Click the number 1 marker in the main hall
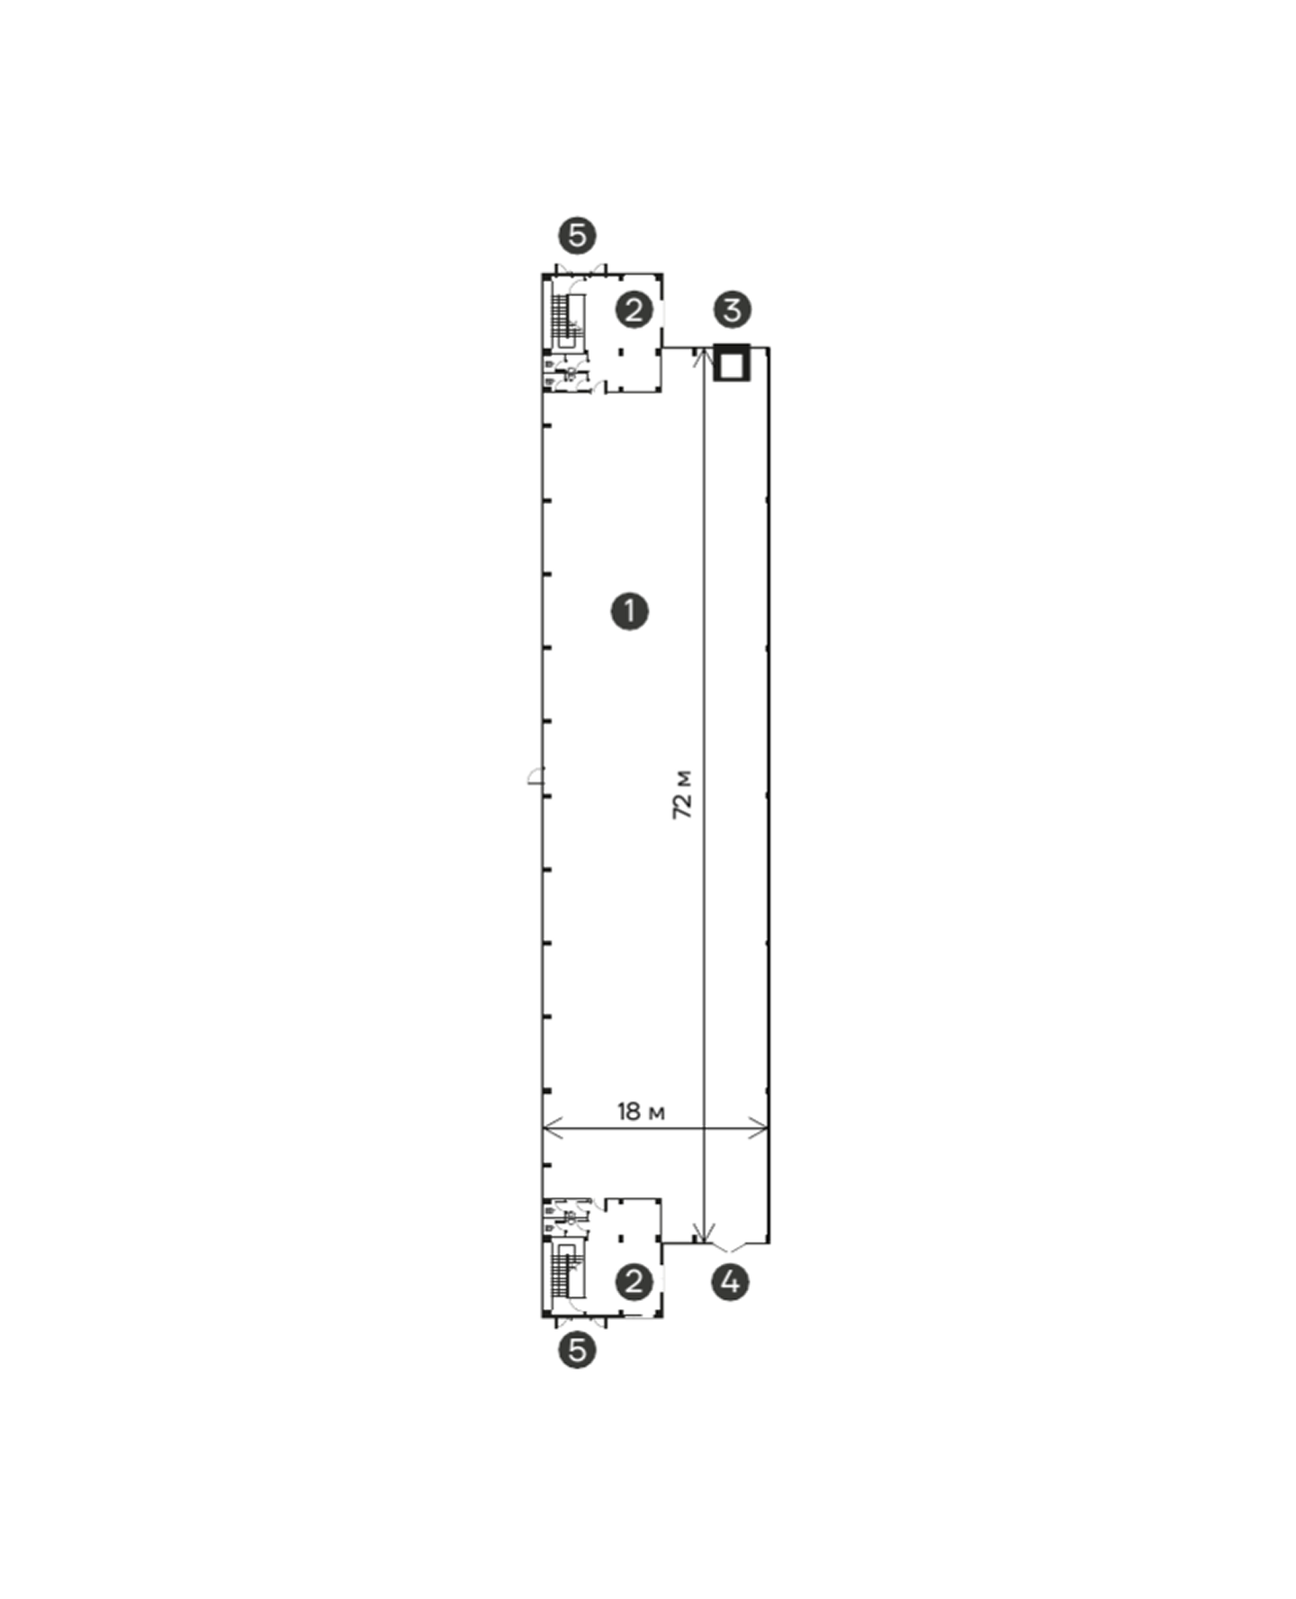coord(629,611)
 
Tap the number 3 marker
coord(732,310)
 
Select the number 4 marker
coord(730,1281)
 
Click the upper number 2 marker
coord(634,311)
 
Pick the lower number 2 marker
coord(634,1282)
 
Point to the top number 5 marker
coord(577,236)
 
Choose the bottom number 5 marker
coord(577,1351)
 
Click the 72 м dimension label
coord(683,793)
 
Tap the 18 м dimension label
coord(641,1112)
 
